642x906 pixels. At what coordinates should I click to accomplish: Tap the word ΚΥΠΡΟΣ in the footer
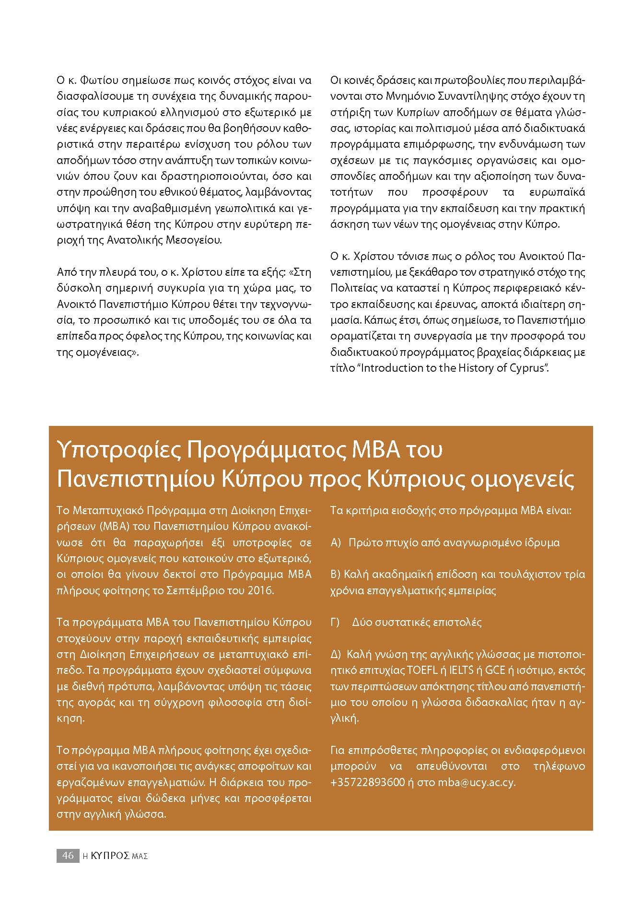point(109,855)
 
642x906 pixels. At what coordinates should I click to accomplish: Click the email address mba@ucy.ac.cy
point(476,782)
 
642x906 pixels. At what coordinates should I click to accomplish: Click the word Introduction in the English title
point(390,368)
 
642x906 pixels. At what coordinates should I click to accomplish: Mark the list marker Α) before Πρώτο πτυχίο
point(336,542)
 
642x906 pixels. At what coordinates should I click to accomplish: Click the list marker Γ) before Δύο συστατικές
point(335,622)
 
